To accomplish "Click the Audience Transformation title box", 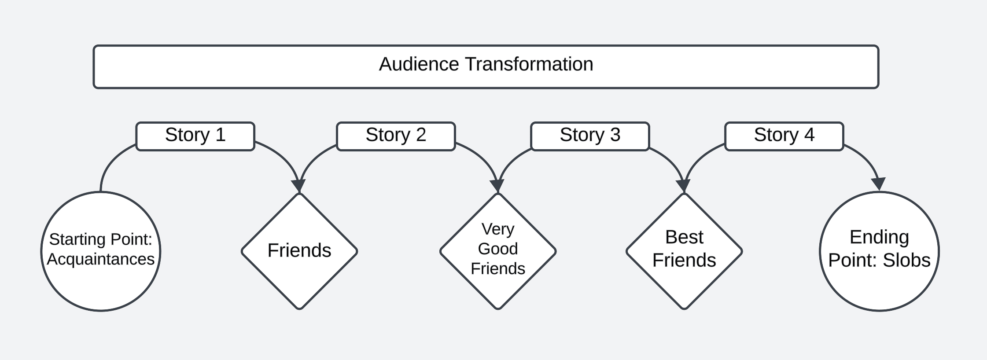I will click(486, 67).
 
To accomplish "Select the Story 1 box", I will click(195, 136).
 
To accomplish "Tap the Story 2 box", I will click(396, 136).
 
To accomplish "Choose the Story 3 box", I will click(590, 136).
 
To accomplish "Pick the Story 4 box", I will click(784, 136).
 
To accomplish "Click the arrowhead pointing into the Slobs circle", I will click(878, 184).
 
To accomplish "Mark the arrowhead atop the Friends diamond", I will click(299, 186).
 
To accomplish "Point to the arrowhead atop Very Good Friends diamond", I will click(497, 186).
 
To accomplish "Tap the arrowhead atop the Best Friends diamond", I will click(684, 186).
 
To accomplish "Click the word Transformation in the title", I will click(529, 64).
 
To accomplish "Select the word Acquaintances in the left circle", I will click(101, 259).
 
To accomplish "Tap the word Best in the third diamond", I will click(684, 237).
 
